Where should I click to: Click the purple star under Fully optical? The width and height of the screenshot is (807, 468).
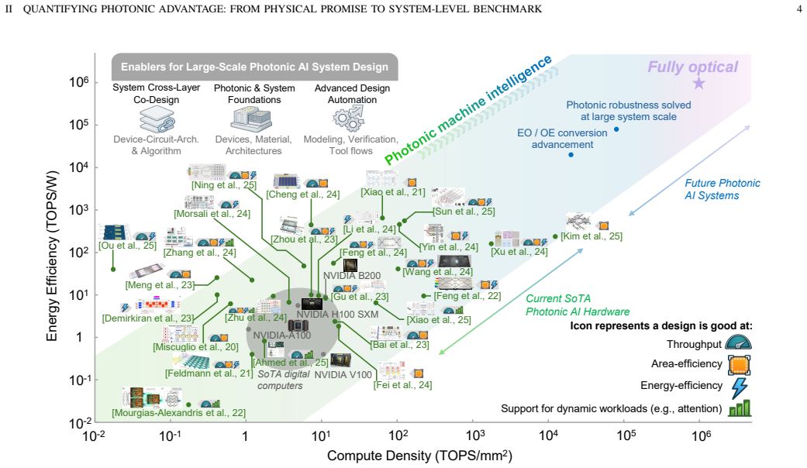tap(698, 83)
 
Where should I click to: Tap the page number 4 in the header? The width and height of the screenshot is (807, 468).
tap(798, 9)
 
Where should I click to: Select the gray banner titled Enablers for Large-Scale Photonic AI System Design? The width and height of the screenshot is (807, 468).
tap(255, 67)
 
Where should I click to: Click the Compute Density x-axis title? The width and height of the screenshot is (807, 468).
tap(419, 456)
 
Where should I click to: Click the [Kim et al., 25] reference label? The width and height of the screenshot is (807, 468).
tap(591, 236)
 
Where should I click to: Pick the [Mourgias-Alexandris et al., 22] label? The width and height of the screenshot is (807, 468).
tap(178, 412)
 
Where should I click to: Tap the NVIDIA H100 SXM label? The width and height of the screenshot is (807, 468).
tap(337, 315)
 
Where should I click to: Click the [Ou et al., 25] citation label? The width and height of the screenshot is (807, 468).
tap(128, 246)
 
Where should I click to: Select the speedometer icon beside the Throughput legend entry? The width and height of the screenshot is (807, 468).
tap(739, 342)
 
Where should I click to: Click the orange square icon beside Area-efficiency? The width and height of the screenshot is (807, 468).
tap(739, 365)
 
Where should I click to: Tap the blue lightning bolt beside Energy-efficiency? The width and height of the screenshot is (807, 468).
tap(740, 387)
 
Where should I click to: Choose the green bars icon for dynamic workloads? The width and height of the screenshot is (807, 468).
tap(740, 408)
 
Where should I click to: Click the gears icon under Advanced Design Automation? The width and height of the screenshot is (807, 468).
tap(348, 119)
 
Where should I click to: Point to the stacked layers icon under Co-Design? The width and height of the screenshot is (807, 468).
tap(157, 119)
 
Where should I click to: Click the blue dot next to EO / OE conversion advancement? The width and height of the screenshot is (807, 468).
tap(571, 155)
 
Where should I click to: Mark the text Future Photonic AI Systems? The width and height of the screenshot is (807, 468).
tap(722, 189)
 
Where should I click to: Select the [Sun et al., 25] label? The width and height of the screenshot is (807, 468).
tap(464, 211)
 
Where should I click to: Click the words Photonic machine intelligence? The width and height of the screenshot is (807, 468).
tap(467, 109)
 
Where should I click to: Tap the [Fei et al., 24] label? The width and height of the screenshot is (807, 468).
tap(402, 384)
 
